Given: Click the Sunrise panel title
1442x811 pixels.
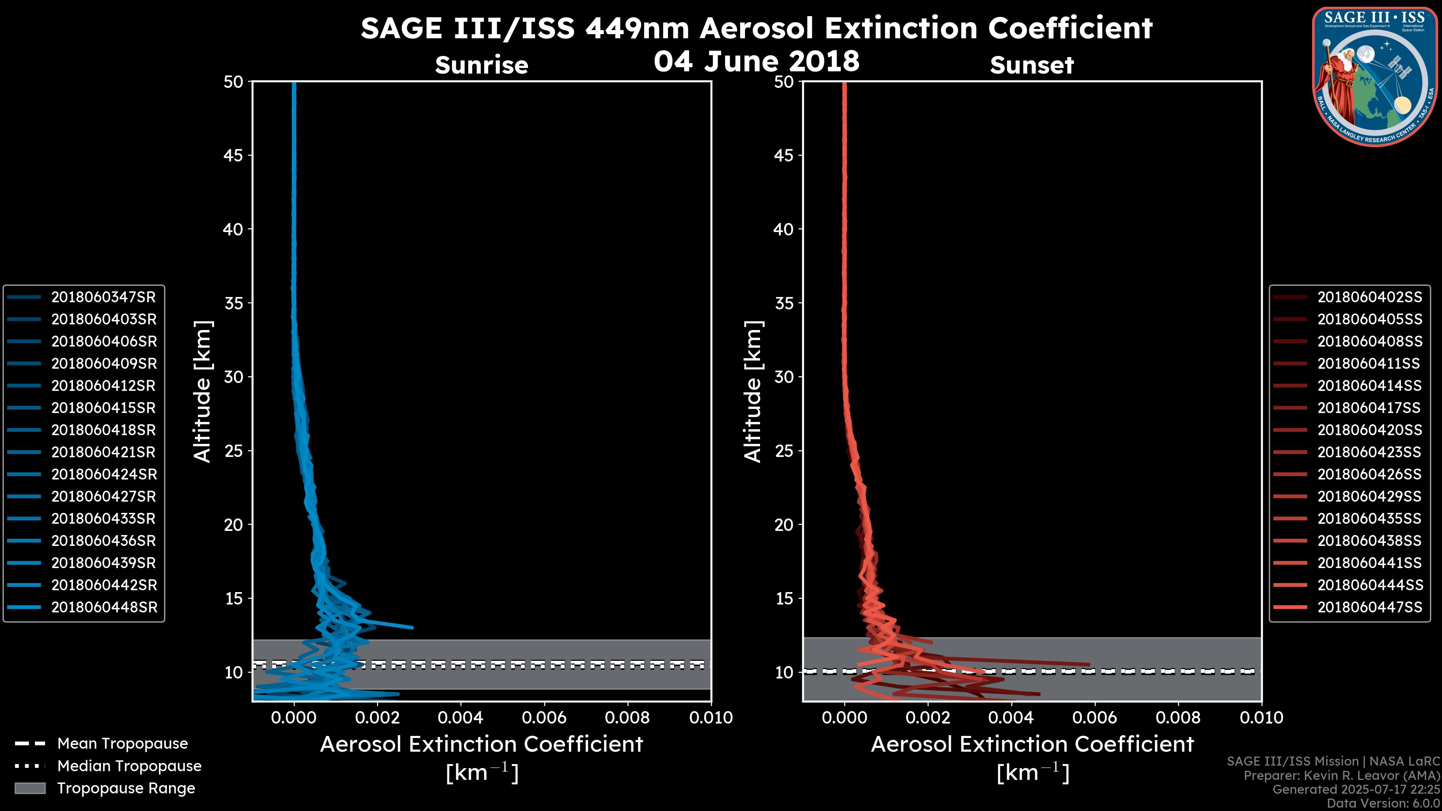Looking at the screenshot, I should [x=481, y=65].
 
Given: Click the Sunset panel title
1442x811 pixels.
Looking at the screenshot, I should [x=1032, y=65].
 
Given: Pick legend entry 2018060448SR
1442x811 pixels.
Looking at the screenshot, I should [x=104, y=607].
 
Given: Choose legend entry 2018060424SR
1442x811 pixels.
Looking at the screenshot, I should [x=104, y=475].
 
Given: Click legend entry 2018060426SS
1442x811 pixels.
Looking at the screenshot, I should [x=1369, y=475].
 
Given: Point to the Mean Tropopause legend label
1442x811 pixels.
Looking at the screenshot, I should [x=122, y=744].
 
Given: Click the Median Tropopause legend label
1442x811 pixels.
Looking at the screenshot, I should [x=129, y=766].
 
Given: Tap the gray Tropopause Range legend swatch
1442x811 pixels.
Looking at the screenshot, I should [x=30, y=788].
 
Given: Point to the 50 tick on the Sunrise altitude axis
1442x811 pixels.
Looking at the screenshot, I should [x=234, y=82].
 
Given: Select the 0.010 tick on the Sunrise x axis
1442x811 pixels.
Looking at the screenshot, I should [x=711, y=718].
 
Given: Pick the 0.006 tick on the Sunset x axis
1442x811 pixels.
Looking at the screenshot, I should [x=1095, y=718].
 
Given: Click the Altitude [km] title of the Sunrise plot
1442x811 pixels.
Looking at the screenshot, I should [x=203, y=391].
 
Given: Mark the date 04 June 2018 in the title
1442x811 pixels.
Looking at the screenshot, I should [x=756, y=61].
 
